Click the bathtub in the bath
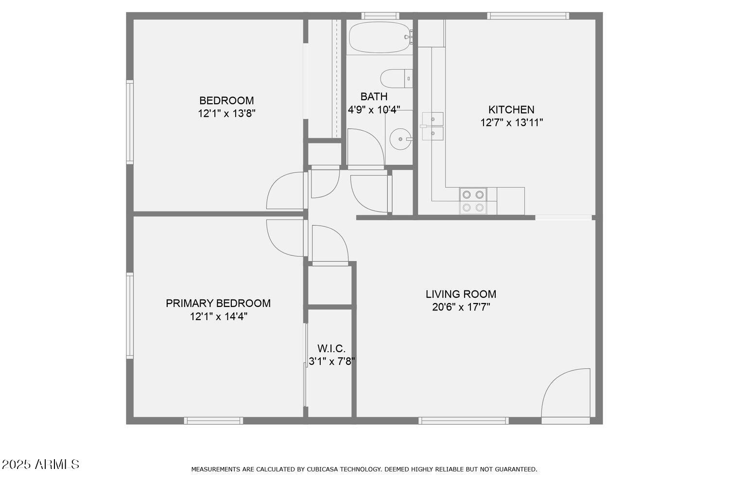380,37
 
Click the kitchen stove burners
473,201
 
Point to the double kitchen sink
432,126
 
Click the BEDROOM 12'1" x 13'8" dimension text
226,113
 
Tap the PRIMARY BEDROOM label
218,303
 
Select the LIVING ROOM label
461,294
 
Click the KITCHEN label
511,109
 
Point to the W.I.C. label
331,348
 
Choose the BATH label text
374,96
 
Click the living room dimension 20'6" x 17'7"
461,307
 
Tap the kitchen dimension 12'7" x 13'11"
511,123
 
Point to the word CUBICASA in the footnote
323,469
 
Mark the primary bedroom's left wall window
130,315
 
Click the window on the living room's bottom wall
464,420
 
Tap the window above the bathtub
380,16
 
